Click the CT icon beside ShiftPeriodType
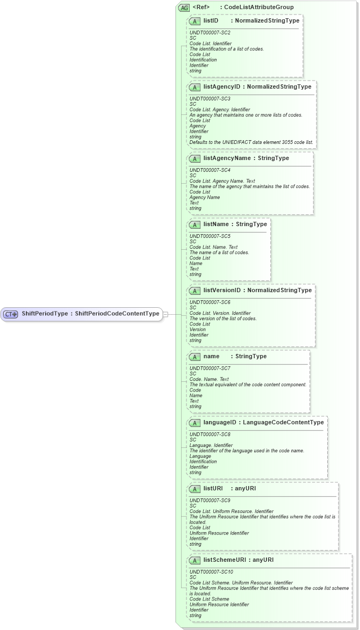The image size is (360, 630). coord(11,314)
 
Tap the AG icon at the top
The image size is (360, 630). coord(184,8)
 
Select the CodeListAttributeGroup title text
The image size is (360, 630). coord(258,8)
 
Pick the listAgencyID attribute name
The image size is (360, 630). coord(218,86)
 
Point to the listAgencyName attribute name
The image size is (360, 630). coord(223,158)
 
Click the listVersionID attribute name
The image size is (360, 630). coord(222,291)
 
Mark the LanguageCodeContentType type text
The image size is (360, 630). coord(283,423)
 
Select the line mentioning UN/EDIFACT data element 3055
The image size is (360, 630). coord(251,142)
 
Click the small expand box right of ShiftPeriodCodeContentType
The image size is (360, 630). coord(165,314)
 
